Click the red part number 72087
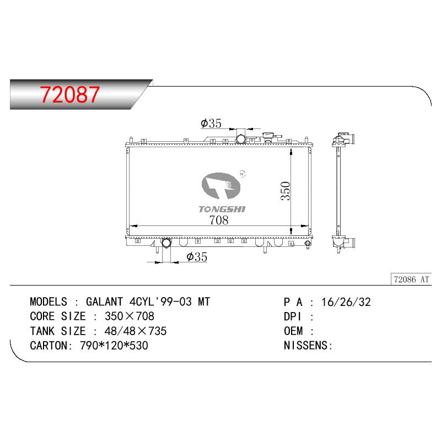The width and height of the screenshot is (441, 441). (70, 94)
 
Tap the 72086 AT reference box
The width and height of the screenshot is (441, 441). (411, 279)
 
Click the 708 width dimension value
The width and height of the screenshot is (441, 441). (219, 220)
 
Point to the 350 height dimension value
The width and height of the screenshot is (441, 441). (285, 191)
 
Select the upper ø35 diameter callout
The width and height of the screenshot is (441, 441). (211, 123)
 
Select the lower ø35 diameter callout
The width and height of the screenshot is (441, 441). (197, 257)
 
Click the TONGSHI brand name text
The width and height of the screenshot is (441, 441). (222, 209)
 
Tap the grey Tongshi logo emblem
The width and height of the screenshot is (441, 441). (221, 186)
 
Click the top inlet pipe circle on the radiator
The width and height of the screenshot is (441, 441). (241, 139)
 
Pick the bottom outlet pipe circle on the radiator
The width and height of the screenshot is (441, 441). (166, 243)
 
